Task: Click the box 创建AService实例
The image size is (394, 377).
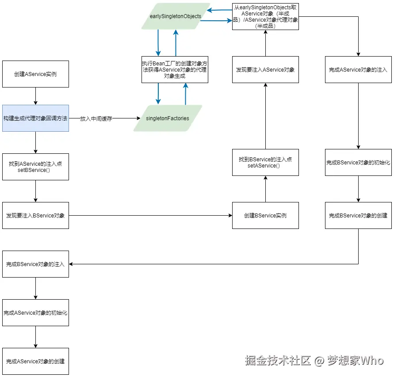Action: click(35, 74)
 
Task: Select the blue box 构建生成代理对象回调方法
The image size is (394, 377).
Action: click(35, 118)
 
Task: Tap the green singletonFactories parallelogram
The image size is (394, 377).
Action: click(168, 118)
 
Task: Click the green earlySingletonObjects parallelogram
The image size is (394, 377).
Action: click(176, 16)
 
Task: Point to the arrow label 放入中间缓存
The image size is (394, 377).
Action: click(96, 118)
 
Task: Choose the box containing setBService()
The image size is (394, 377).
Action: click(35, 167)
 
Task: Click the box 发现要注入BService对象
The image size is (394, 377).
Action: click(35, 215)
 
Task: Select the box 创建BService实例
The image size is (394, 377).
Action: click(265, 215)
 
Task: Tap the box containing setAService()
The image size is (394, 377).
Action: click(265, 162)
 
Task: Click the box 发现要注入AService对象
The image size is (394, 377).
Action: click(265, 69)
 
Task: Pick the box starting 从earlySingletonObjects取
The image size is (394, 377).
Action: click(265, 16)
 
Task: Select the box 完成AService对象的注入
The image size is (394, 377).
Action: click(358, 69)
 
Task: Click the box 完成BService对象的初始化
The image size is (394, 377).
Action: click(358, 162)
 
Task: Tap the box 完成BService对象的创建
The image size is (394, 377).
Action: click(358, 215)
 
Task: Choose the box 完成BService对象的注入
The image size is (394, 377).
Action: click(35, 264)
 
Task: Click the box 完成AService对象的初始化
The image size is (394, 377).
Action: click(35, 312)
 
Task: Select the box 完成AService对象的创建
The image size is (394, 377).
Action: click(35, 361)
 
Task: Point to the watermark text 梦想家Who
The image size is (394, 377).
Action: click(355, 360)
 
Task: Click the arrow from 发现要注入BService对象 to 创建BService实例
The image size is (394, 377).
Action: click(150, 215)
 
